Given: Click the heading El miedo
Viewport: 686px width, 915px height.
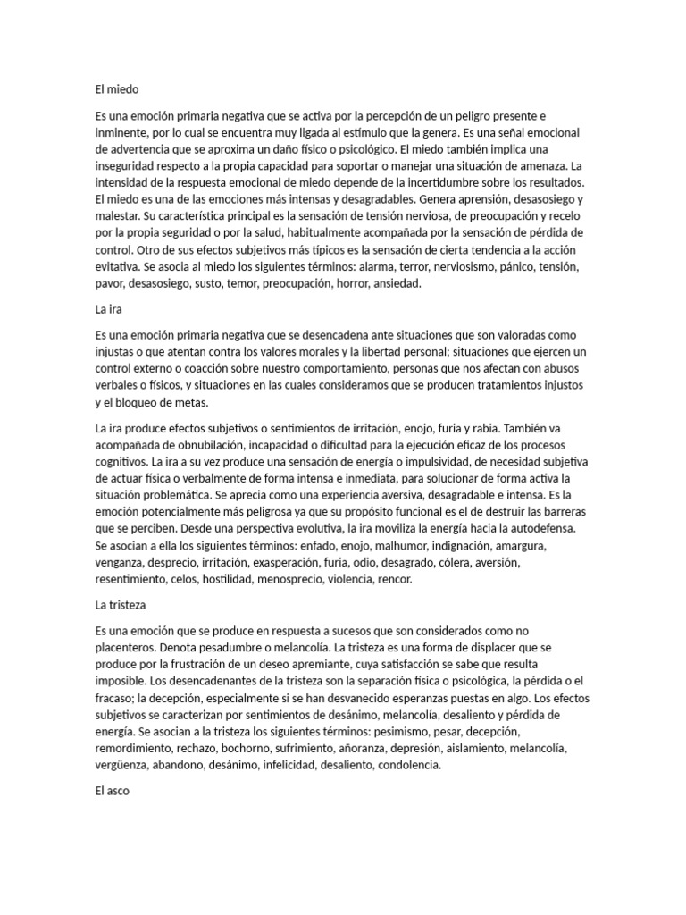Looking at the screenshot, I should tap(117, 89).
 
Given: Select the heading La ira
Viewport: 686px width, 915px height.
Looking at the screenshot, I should tap(108, 310).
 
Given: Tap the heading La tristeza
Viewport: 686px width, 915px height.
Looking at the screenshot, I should tap(120, 606).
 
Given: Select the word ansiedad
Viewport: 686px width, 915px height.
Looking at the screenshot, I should tap(406, 284).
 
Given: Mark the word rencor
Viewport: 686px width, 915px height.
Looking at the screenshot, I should tap(394, 579).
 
